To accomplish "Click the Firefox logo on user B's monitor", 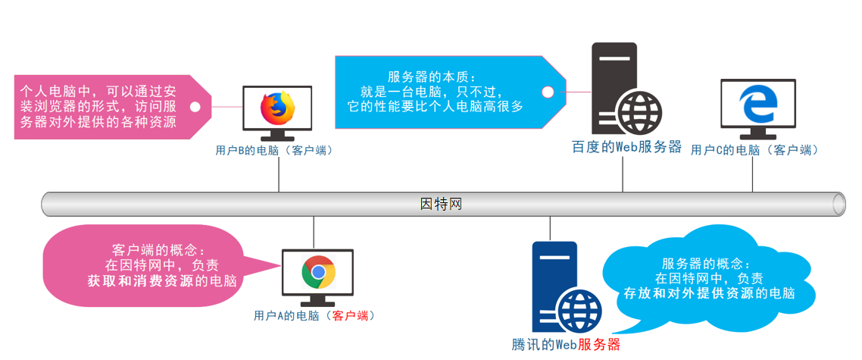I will coord(277,108).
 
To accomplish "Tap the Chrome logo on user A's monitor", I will coord(318,272).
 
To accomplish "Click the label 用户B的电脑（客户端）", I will coord(274,151).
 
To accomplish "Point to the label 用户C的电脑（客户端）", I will coord(754,150).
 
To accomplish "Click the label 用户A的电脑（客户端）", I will coord(314,315).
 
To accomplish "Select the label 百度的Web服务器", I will coord(626,147).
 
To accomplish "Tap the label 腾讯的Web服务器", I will coord(566,345).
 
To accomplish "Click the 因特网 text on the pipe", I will coord(441,204).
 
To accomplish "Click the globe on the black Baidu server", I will coord(639,112).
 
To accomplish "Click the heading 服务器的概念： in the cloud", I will coord(706,264).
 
